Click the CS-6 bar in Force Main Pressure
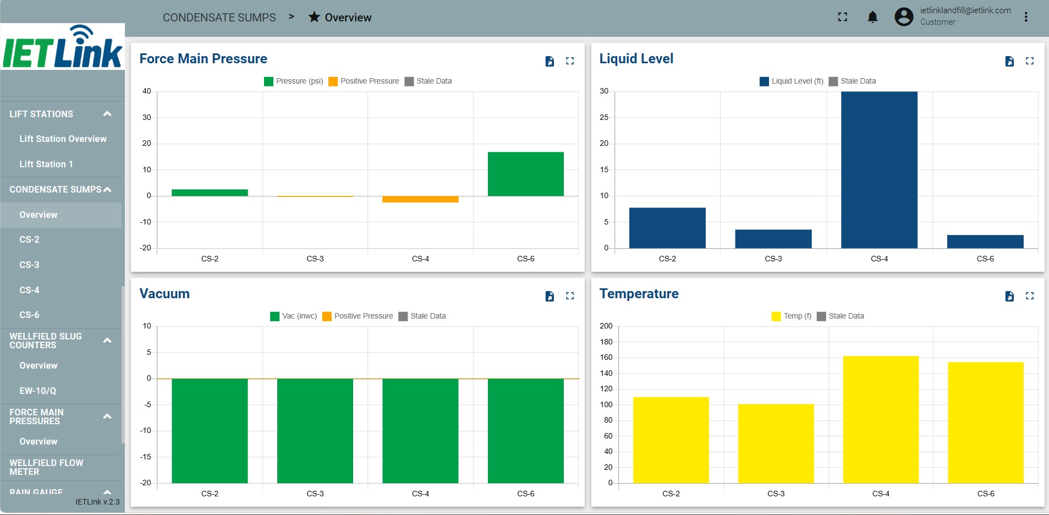(525, 174)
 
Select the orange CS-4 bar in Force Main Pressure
(420, 199)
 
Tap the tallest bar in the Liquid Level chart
(879, 169)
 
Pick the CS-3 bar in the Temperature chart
(776, 443)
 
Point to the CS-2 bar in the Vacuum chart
(210, 431)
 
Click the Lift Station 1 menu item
(46, 164)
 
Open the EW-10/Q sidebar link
(38, 391)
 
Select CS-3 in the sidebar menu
(29, 265)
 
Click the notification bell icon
(872, 17)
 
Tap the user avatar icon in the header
(904, 17)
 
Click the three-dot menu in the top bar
(1026, 17)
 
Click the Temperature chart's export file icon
(1009, 296)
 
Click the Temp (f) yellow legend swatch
(776, 316)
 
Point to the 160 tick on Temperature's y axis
(606, 357)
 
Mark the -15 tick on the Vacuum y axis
(145, 457)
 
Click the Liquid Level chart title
(636, 59)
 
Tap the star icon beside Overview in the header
(314, 17)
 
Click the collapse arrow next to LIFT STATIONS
(107, 114)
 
